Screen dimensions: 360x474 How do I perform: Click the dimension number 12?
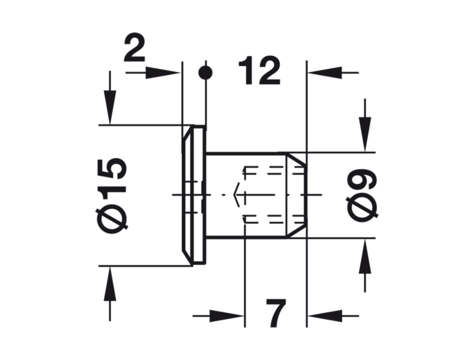click(259, 72)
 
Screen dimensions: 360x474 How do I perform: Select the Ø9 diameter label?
click(362, 195)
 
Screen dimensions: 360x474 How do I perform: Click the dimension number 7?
click(275, 314)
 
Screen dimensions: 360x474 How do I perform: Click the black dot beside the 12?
click(205, 73)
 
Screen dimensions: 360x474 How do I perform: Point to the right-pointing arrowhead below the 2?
click(162, 73)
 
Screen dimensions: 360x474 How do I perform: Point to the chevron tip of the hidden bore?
click(235, 195)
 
